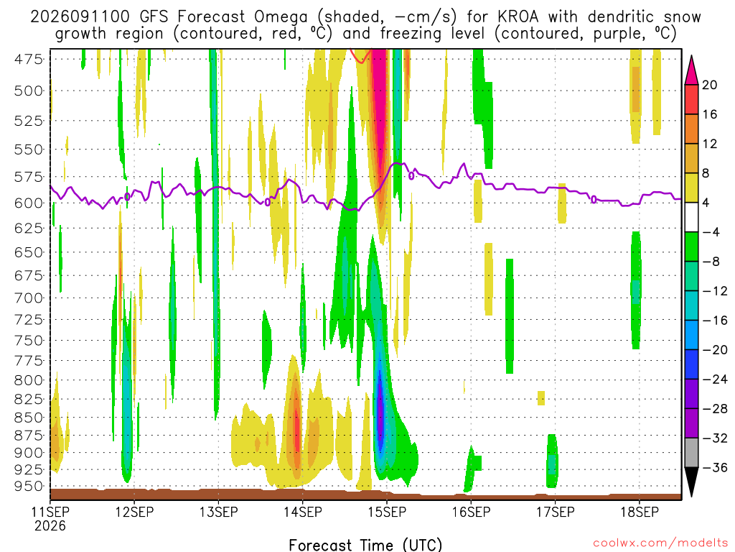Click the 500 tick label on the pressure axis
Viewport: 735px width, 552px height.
tap(29, 91)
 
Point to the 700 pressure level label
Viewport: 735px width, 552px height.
tap(29, 298)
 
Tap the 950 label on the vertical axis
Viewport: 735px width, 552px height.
tap(29, 487)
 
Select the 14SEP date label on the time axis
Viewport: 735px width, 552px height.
tap(303, 512)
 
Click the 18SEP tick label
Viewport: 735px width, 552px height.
tap(640, 512)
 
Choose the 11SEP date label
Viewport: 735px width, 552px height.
tap(50, 512)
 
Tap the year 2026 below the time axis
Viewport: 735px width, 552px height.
tap(50, 526)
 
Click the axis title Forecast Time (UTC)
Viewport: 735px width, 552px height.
tap(365, 545)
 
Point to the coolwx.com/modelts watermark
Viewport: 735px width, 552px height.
tap(660, 543)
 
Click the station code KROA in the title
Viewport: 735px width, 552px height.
tap(518, 17)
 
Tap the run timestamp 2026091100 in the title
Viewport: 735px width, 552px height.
tap(80, 17)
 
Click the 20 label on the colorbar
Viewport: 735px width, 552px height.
tap(710, 85)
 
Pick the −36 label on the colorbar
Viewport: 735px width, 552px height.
tap(715, 467)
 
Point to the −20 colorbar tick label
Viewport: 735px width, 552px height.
tap(715, 350)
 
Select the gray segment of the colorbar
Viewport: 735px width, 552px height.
tap(691, 453)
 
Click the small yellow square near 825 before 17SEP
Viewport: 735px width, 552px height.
tap(541, 398)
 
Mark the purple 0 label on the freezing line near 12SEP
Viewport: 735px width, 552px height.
tap(127, 197)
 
